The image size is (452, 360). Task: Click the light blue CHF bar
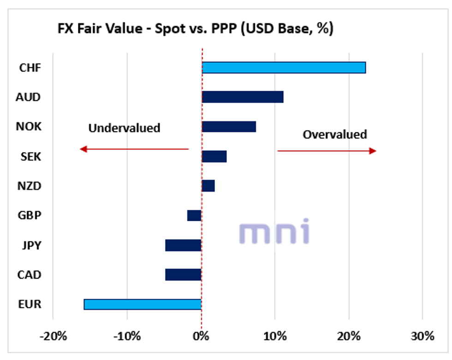click(284, 68)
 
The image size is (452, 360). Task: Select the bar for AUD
click(243, 97)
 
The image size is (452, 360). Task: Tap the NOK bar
click(229, 127)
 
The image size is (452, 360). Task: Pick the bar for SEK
click(214, 157)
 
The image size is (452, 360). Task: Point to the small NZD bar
click(208, 186)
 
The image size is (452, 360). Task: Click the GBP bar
click(194, 216)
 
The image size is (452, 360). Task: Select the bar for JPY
click(183, 245)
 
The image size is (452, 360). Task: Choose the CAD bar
click(183, 275)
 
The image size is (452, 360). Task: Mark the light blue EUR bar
click(143, 304)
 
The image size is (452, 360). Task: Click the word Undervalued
click(124, 128)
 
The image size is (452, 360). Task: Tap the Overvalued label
click(335, 135)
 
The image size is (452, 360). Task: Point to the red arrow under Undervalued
click(134, 149)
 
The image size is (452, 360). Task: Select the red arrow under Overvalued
click(327, 151)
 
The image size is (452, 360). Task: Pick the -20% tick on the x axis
click(54, 336)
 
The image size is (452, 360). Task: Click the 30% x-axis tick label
click(422, 336)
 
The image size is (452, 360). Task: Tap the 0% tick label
click(202, 336)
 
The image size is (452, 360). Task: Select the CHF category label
click(30, 68)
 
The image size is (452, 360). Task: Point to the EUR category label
click(30, 304)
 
